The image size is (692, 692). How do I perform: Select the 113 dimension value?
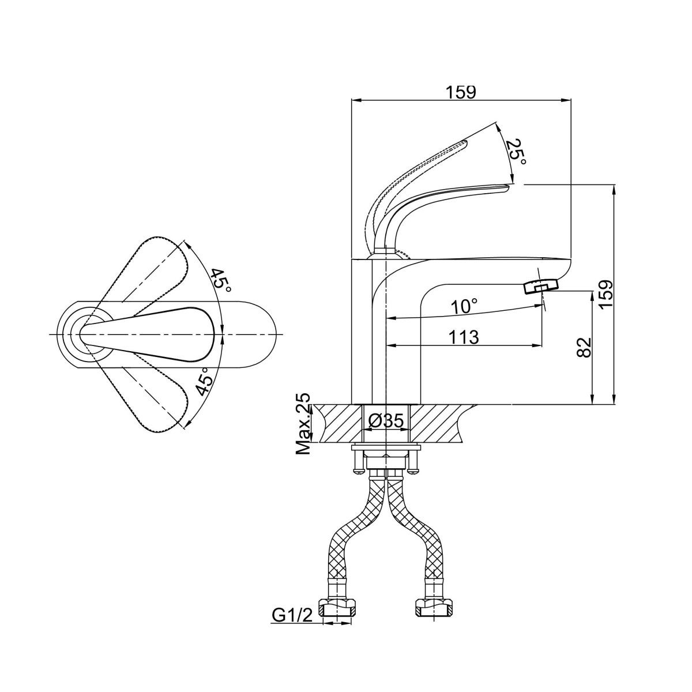pyautogui.click(x=464, y=337)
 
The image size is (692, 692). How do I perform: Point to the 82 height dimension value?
pyautogui.click(x=584, y=347)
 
